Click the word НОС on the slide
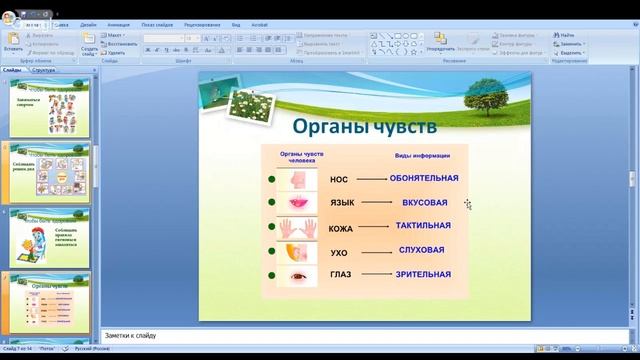pos(339,180)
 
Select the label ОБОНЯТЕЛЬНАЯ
pos(424,178)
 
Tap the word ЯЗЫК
pos(342,203)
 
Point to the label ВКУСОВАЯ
pos(424,202)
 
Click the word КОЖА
pos(342,228)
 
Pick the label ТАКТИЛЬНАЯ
pos(424,226)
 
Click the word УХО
pos(339,253)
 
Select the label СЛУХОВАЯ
pos(421,250)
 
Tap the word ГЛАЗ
pos(341,275)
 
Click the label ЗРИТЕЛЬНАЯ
pos(423,274)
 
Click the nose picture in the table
pos(296,180)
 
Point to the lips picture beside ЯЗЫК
pos(296,203)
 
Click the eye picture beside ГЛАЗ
pos(297,275)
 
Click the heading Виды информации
pos(422,156)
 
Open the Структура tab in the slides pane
pos(43,71)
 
